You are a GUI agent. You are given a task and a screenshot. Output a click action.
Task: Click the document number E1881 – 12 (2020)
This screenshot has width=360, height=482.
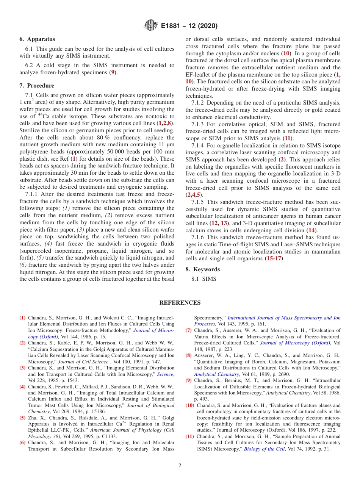tap(189, 26)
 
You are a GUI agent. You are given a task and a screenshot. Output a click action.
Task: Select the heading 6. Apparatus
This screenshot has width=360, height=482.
tap(37, 39)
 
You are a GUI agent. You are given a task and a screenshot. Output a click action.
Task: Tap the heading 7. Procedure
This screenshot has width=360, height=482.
tap(37, 86)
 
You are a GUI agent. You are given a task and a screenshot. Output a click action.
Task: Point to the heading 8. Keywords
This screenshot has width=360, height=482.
tap(202, 269)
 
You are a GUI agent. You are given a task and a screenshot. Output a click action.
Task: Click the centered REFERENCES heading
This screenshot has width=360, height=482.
tap(180, 302)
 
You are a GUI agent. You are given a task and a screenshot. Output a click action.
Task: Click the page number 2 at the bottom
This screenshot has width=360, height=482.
tap(180, 465)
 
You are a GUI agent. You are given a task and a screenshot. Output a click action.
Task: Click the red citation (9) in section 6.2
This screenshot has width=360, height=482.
tap(112, 72)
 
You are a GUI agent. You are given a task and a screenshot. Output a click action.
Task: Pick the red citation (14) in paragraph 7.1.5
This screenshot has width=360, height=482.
tap(311, 230)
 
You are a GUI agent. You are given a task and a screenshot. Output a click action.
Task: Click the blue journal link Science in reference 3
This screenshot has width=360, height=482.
tap(165, 374)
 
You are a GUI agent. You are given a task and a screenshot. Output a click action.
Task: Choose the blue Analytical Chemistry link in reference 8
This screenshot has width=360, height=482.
tap(216, 374)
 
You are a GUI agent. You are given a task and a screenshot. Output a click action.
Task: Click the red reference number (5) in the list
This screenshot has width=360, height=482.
tap(22, 418)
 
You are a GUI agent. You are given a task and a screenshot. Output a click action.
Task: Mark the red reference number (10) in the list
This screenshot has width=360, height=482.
tap(189, 405)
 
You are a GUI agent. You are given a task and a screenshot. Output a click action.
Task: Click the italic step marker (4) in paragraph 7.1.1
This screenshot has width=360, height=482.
tap(49, 243)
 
